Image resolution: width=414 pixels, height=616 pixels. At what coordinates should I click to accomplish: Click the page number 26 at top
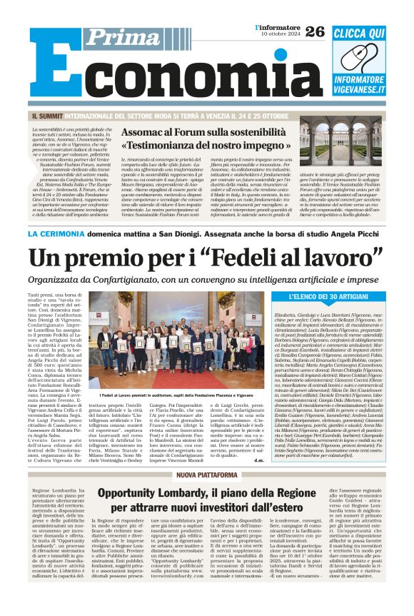coord(315,31)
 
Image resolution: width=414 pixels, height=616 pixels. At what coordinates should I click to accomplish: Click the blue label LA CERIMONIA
coord(59,233)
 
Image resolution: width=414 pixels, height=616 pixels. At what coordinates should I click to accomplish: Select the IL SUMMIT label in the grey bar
coord(49,115)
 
